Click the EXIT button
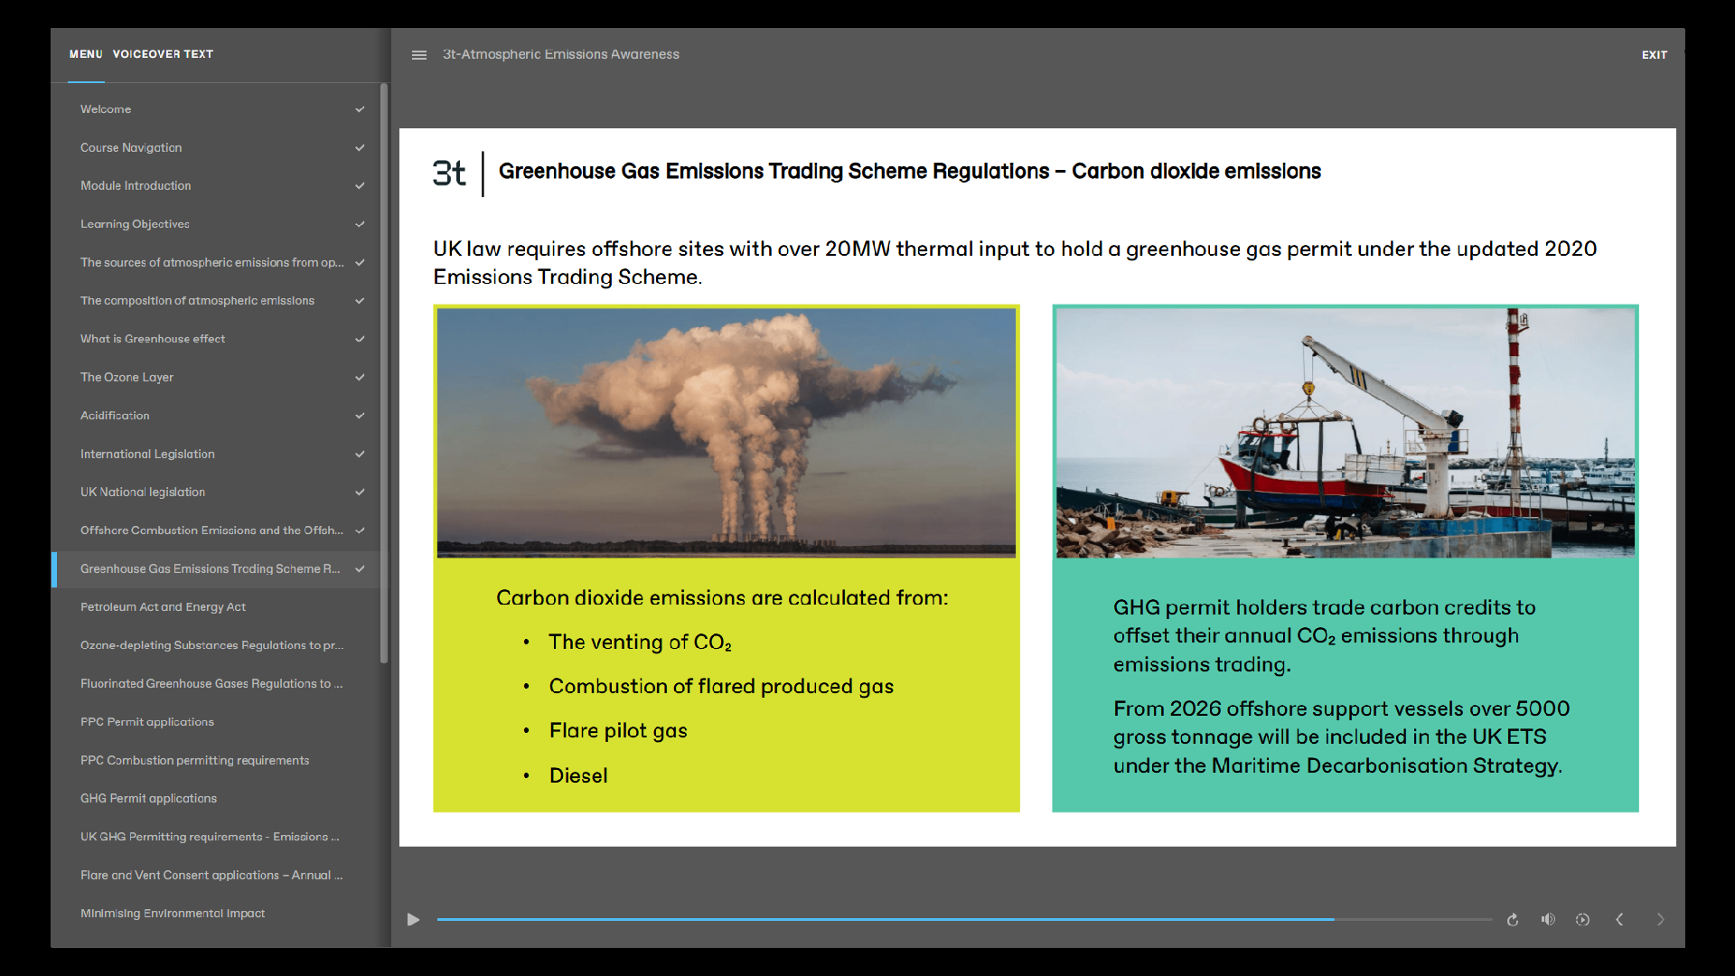pos(1654,55)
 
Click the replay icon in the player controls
pos(1513,920)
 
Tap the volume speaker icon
pos(1548,919)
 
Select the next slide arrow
pos(1660,919)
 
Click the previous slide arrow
pos(1619,919)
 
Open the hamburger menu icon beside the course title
pos(419,55)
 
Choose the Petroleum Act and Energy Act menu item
pos(163,607)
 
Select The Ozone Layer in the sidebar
pos(127,377)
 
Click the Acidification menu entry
pos(115,416)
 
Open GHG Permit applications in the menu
pos(148,799)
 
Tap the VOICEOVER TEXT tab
pos(163,54)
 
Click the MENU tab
pos(86,54)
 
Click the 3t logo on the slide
pos(449,173)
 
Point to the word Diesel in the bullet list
pos(578,775)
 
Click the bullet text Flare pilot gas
pos(618,731)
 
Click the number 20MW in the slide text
pos(858,249)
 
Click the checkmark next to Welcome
pos(360,109)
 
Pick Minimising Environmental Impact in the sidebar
pos(173,914)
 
